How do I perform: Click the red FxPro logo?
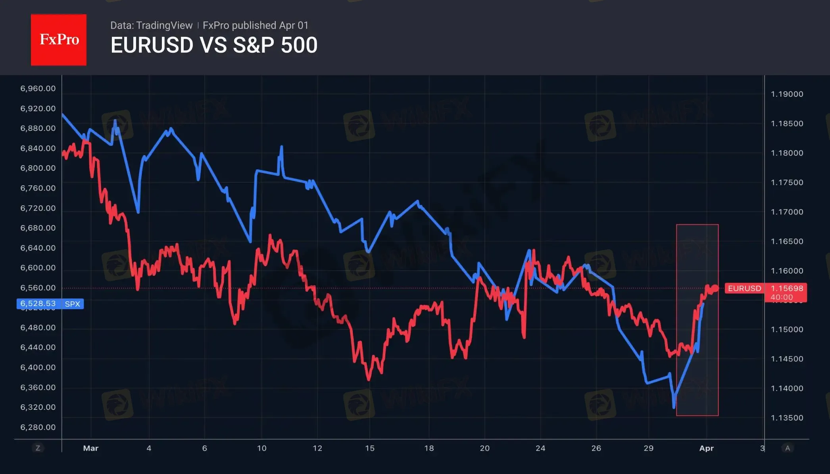[59, 40]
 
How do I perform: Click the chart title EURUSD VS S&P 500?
[214, 45]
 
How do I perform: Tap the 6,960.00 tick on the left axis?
[38, 88]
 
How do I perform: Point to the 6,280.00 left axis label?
[38, 427]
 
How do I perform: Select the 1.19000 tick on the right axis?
[787, 94]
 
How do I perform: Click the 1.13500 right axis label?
[787, 418]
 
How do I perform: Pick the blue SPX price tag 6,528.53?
[38, 304]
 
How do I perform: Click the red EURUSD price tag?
[744, 289]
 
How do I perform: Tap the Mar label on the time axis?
[90, 448]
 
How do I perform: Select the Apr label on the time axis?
[706, 448]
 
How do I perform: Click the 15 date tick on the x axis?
[369, 448]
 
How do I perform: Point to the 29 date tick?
[648, 448]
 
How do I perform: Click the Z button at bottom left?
[38, 448]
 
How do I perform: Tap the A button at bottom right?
[788, 448]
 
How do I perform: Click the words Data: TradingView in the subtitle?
[151, 25]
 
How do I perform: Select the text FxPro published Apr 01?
[256, 25]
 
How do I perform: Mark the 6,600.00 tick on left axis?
[38, 268]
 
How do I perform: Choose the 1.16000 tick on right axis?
[787, 271]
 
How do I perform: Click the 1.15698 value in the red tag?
[787, 289]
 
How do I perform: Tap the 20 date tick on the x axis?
[484, 448]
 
